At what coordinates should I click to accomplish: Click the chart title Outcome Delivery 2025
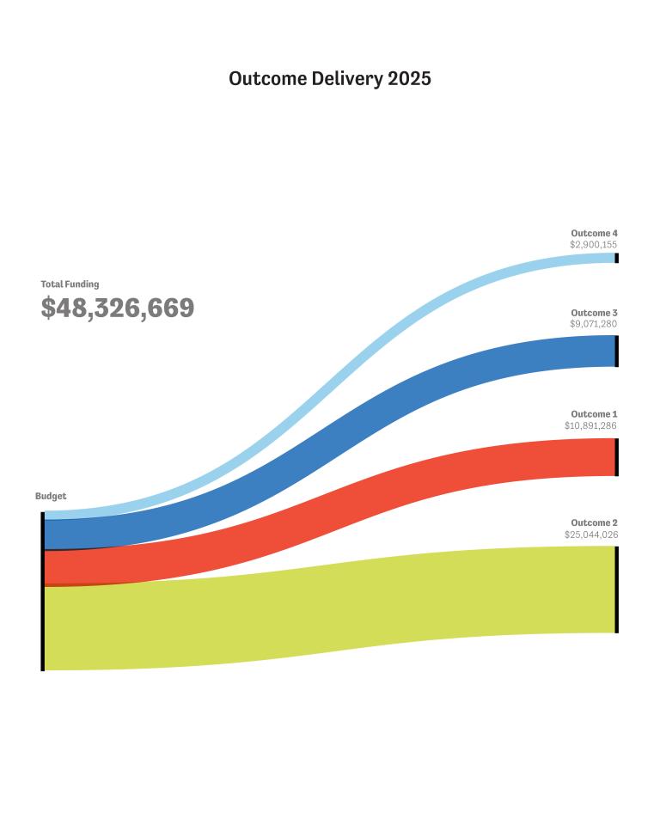[x=330, y=78]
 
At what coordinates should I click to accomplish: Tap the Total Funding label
[x=70, y=284]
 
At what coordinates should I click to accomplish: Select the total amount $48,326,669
[x=118, y=308]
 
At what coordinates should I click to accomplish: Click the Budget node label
[x=51, y=496]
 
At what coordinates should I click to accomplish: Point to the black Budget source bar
[x=43, y=591]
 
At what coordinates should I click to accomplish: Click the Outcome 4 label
[x=594, y=233]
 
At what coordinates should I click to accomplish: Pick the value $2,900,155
[x=593, y=245]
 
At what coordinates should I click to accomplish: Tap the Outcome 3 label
[x=594, y=313]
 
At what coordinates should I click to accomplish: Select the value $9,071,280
[x=593, y=324]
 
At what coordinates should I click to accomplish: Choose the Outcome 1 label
[x=594, y=414]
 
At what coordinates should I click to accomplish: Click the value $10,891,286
[x=590, y=425]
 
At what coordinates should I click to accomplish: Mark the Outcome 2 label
[x=594, y=522]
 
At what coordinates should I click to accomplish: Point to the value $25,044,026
[x=591, y=535]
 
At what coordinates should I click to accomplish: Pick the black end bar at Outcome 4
[x=616, y=258]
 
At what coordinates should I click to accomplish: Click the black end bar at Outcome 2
[x=616, y=590]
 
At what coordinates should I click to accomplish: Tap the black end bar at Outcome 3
[x=616, y=351]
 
